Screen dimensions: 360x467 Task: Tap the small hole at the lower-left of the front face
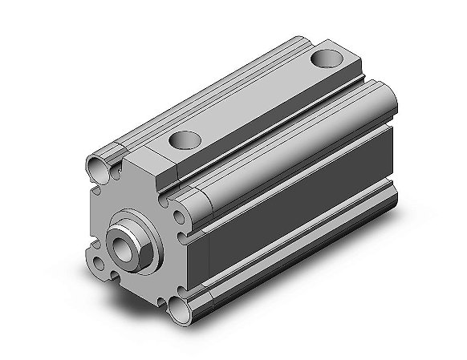pyautogui.click(x=98, y=263)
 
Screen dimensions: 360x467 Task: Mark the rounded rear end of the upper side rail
pyautogui.click(x=383, y=103)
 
